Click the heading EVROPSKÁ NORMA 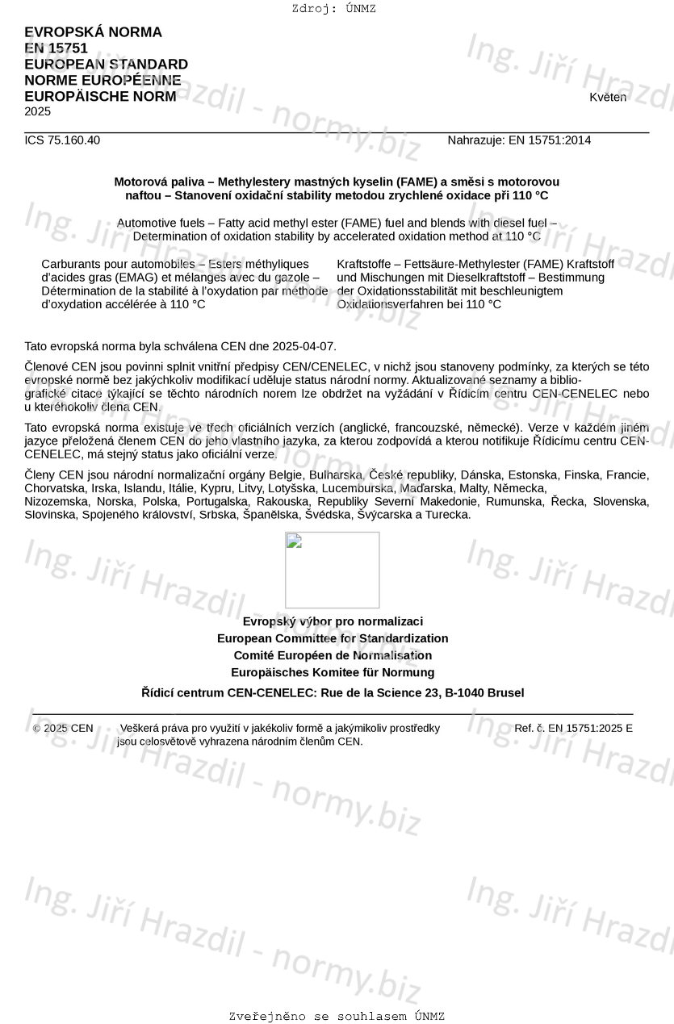pyautogui.click(x=93, y=32)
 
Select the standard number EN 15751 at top pyautogui.click(x=56, y=48)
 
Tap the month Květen pyautogui.click(x=607, y=97)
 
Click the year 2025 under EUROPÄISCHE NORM pyautogui.click(x=37, y=111)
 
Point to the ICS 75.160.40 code pyautogui.click(x=62, y=140)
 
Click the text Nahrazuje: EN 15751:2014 pyautogui.click(x=519, y=140)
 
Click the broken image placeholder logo pyautogui.click(x=332, y=570)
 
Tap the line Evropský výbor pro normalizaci pyautogui.click(x=333, y=621)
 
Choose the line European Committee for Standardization pyautogui.click(x=333, y=638)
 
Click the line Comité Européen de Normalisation pyautogui.click(x=333, y=655)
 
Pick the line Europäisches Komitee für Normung pyautogui.click(x=333, y=672)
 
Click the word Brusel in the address pyautogui.click(x=505, y=692)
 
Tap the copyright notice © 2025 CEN pyautogui.click(x=63, y=728)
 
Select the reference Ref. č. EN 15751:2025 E pyautogui.click(x=573, y=728)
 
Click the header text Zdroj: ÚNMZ pyautogui.click(x=333, y=9)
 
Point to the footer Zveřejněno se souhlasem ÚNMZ pyautogui.click(x=337, y=1016)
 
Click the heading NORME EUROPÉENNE pyautogui.click(x=103, y=81)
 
